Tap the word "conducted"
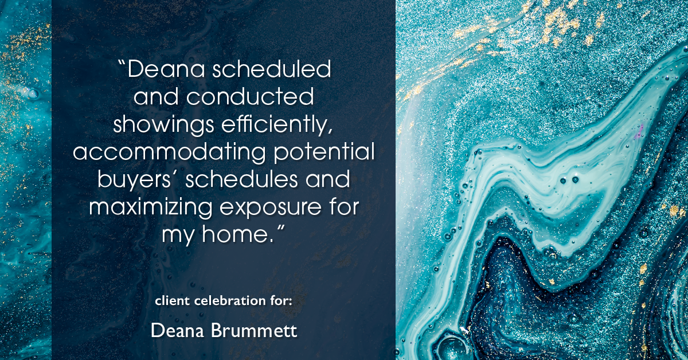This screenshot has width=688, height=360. pyautogui.click(x=250, y=97)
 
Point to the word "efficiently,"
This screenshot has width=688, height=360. pyautogui.click(x=273, y=124)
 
